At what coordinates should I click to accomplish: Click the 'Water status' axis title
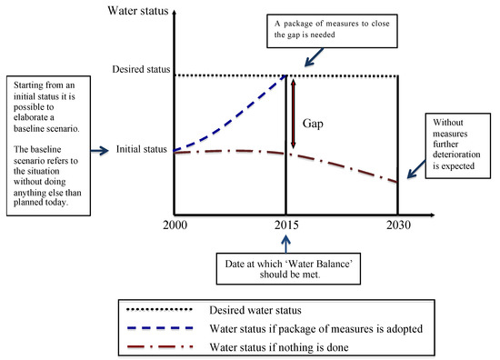click(139, 12)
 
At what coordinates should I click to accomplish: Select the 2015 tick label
click(287, 224)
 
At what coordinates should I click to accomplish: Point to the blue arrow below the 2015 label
click(287, 242)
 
